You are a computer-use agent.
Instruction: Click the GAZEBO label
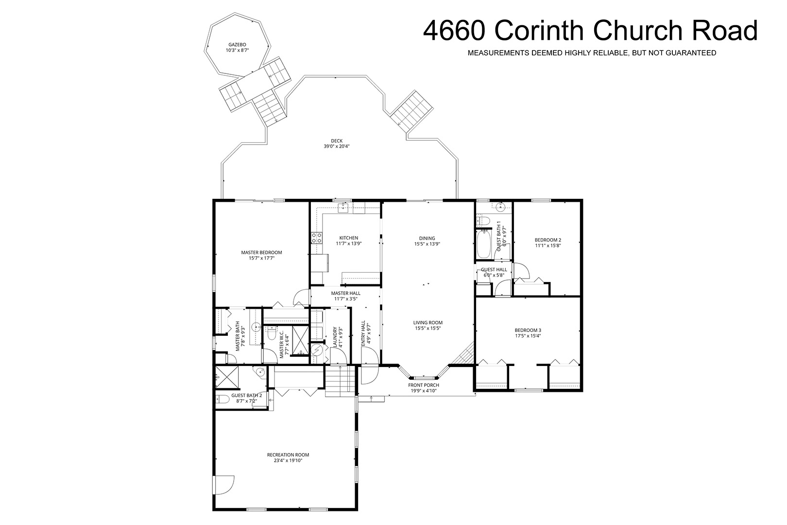237,45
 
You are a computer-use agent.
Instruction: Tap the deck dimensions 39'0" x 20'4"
337,146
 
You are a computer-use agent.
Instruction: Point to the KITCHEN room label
348,238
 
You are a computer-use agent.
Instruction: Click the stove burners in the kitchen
316,238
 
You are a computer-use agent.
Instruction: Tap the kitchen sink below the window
343,208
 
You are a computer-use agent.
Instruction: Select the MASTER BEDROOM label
261,252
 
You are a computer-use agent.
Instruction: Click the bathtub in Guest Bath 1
484,244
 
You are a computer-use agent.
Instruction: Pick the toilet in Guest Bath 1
483,221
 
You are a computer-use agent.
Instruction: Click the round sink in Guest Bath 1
500,208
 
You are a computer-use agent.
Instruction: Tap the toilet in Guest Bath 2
222,400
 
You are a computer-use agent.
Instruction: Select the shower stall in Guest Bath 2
226,377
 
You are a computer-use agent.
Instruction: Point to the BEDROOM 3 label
528,330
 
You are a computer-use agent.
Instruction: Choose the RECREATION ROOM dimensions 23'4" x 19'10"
288,461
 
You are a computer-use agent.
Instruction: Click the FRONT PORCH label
423,385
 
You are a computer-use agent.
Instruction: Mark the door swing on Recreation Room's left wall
224,485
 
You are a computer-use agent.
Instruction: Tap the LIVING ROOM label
428,322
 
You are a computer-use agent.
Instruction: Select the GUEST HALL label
494,270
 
